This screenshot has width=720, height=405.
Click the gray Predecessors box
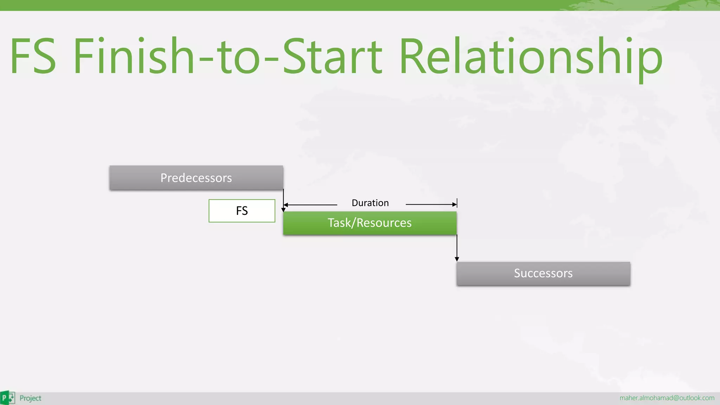coord(196,178)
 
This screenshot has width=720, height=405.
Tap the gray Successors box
coord(543,274)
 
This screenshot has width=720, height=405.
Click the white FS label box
coord(242,211)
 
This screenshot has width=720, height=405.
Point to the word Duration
coord(370,203)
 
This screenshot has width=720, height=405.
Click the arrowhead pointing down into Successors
coord(457,259)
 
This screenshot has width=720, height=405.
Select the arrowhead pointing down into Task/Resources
coord(283,210)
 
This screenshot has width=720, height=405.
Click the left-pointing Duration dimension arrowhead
coord(285,205)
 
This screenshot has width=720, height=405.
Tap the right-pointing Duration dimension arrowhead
coord(455,204)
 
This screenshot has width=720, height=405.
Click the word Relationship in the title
coord(531,57)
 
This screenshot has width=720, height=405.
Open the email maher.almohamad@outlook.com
coord(667,398)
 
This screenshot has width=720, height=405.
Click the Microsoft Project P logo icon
coord(7,398)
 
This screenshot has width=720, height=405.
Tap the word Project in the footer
coord(31,398)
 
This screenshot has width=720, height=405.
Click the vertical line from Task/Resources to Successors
coord(457,246)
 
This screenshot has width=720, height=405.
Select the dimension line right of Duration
coord(429,204)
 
